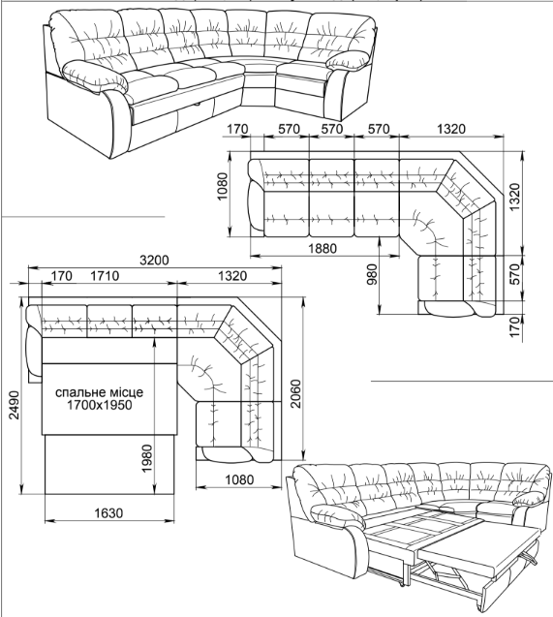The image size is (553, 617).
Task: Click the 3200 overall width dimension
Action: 154,261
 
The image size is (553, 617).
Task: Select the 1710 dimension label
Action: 105,276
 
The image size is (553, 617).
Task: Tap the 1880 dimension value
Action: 323,248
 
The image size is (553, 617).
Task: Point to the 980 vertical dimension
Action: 372,274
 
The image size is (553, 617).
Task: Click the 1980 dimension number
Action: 147,458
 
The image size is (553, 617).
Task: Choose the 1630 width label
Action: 108,513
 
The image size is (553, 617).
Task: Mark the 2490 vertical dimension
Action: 15,405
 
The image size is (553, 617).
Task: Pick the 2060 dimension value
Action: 295,393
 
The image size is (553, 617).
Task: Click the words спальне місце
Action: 99,392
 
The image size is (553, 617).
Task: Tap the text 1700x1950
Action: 99,405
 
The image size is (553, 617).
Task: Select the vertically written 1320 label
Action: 515,197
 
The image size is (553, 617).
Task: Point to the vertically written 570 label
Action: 515,274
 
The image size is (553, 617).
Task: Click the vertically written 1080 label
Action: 223,186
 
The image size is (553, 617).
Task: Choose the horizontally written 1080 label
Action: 239,479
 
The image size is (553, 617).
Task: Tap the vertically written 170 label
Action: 515,325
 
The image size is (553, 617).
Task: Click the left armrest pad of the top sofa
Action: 96,76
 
